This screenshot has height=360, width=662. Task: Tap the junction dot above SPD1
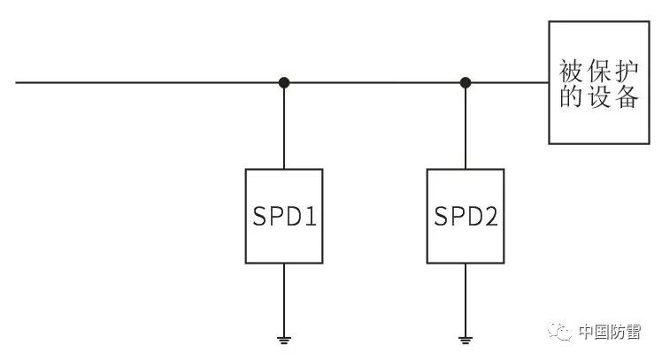coord(284,83)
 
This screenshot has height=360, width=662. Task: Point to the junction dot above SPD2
coord(466,83)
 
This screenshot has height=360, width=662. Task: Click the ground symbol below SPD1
coord(284,341)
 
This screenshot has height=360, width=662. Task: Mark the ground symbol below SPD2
coord(466,341)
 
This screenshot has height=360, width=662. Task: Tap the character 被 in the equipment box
coord(571,71)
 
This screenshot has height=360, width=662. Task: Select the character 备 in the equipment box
coord(627,96)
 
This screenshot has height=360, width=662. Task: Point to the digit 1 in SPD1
coord(311,216)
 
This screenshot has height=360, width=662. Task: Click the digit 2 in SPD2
coord(491,216)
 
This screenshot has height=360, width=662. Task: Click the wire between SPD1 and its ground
coord(284,300)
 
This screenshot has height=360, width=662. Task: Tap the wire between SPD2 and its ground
coord(466,300)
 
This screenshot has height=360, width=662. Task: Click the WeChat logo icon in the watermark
coord(560,332)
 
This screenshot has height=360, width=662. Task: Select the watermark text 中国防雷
coord(610,333)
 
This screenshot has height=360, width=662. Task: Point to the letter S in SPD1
coord(259,216)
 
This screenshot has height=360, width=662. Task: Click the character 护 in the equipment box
coord(627,71)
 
